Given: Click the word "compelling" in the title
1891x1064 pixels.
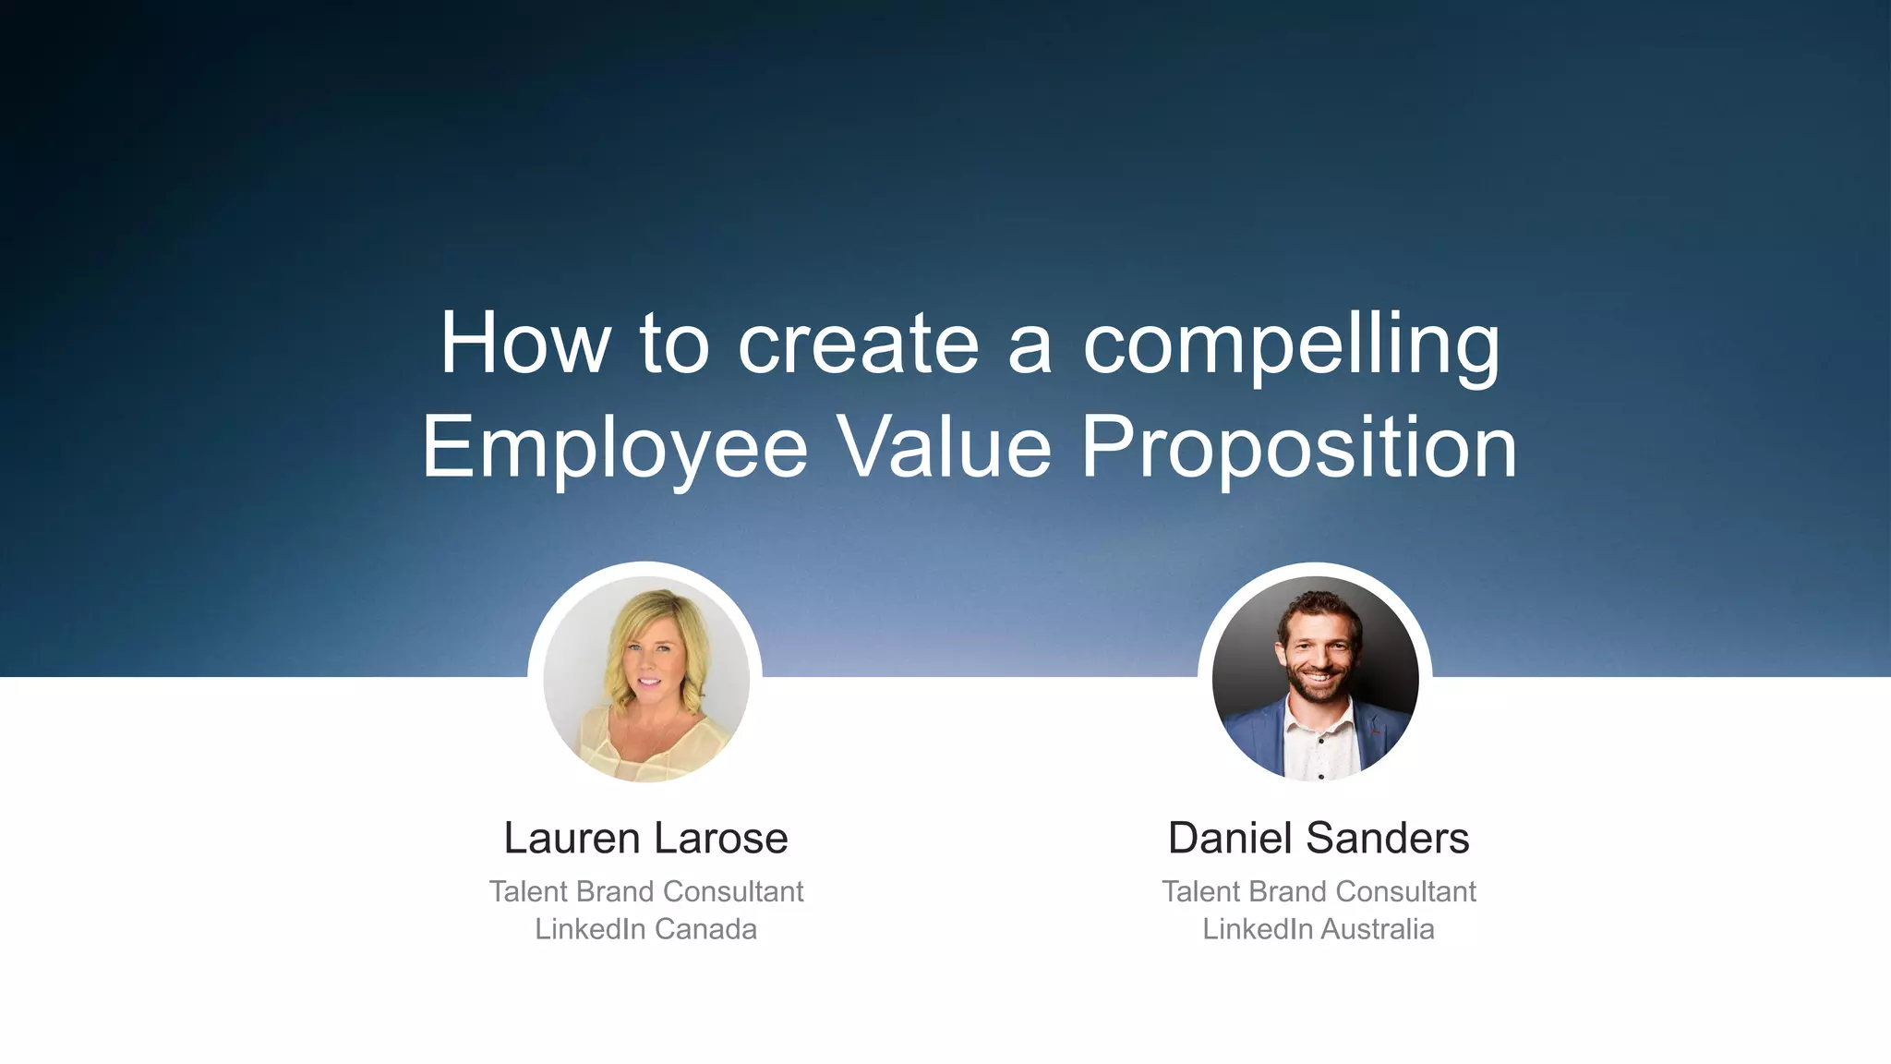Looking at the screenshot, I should (x=1291, y=345).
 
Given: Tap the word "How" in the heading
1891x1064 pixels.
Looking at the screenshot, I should (x=524, y=344).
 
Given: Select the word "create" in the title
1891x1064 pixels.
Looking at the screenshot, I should (x=858, y=345).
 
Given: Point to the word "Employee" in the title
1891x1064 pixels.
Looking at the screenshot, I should (x=615, y=449).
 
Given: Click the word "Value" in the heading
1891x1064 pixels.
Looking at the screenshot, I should (x=944, y=447).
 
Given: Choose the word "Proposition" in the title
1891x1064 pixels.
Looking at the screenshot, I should (x=1298, y=449).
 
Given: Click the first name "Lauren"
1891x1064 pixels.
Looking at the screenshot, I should (x=572, y=839).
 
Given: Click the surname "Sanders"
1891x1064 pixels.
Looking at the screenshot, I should (x=1388, y=839).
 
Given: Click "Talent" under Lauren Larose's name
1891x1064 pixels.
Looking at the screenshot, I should (x=528, y=891).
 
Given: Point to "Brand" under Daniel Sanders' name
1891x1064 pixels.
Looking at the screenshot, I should (x=1288, y=891).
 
